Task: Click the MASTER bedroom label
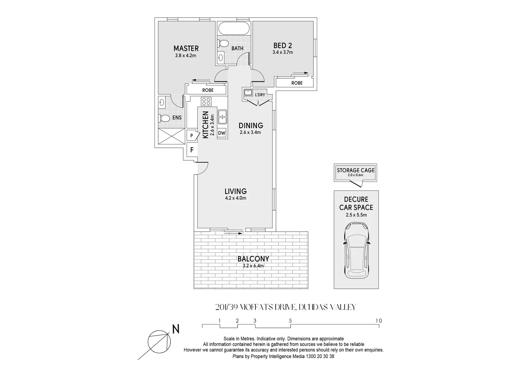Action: [186, 48]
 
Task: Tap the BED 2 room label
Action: [283, 45]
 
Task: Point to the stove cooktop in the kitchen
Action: [206, 101]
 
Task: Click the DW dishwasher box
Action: [222, 133]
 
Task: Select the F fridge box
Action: [191, 150]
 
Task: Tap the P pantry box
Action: [191, 136]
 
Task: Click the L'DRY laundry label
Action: [260, 95]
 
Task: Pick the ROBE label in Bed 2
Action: [297, 83]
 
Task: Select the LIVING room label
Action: [235, 191]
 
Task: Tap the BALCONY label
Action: [253, 259]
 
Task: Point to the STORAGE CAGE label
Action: [356, 170]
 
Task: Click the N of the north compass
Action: [176, 329]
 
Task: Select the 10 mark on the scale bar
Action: [379, 321]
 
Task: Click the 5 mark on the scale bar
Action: [290, 321]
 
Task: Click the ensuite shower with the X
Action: [171, 136]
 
